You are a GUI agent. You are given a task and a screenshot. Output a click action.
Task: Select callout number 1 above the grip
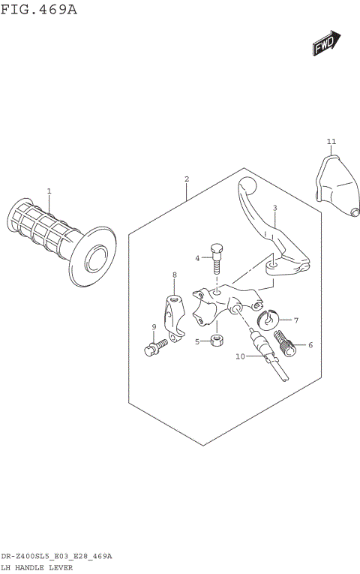(x=49, y=191)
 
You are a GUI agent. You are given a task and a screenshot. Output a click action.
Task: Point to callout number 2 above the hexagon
(x=186, y=179)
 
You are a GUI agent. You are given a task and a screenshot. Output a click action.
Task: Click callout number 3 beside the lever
(x=274, y=208)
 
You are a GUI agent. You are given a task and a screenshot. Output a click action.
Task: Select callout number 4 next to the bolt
(x=198, y=258)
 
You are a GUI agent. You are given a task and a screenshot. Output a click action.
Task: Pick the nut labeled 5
(x=216, y=341)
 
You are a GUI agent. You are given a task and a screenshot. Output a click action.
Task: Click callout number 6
(x=310, y=346)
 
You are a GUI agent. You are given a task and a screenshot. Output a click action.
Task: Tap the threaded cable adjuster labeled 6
(x=287, y=342)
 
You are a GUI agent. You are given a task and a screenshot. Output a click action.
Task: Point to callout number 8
(x=174, y=275)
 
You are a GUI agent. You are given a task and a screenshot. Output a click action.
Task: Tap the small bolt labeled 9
(x=156, y=348)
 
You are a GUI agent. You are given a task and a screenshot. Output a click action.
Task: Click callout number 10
(x=240, y=356)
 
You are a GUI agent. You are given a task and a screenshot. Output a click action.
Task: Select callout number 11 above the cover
(x=331, y=141)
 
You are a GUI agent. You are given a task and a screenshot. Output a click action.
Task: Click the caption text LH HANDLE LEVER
(x=37, y=567)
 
